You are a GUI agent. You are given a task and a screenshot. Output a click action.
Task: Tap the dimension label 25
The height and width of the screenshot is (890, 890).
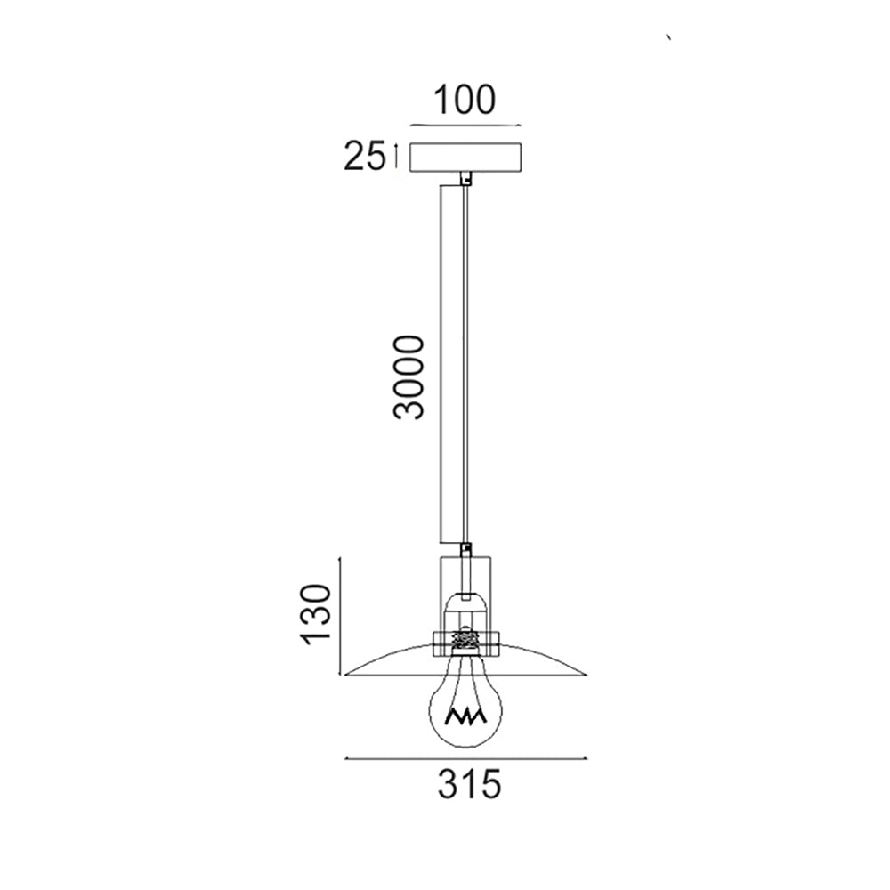(x=364, y=156)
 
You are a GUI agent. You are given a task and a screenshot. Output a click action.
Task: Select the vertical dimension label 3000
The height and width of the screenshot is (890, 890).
(x=409, y=377)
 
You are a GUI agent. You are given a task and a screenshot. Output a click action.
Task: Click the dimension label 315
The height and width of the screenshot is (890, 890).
(x=470, y=784)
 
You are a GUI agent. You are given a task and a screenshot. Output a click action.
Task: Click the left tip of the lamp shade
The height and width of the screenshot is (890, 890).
(x=345, y=675)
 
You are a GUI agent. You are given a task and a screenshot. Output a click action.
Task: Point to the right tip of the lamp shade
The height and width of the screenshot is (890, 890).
(x=587, y=675)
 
